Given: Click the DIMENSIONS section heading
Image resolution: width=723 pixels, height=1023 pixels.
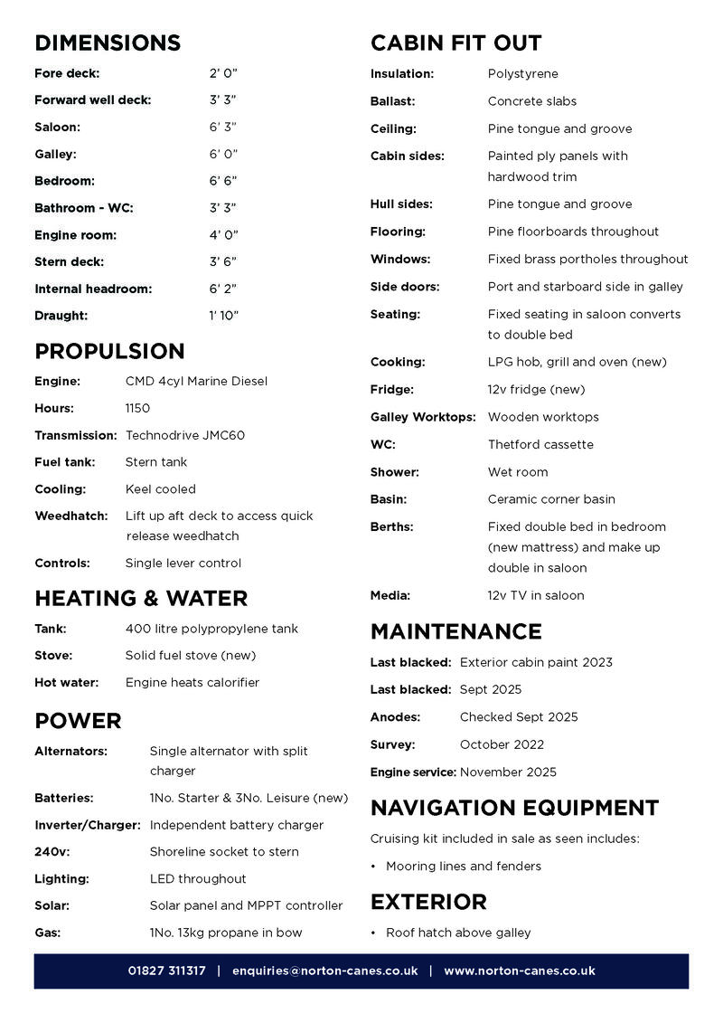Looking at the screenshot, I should (x=108, y=43).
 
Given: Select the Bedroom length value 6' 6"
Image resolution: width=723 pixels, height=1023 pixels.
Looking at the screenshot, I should (x=223, y=181).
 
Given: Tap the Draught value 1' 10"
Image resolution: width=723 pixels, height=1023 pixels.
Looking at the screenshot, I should (x=224, y=316).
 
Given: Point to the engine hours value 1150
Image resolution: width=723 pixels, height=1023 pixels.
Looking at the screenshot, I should (x=138, y=408).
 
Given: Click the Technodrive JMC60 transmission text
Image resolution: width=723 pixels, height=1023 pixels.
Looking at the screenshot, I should (x=185, y=435).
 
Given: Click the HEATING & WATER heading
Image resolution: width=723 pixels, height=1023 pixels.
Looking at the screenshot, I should (x=141, y=598).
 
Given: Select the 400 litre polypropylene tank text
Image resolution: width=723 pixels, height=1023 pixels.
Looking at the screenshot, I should (x=211, y=629).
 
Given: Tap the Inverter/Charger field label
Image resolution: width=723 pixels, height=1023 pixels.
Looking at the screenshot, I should (x=88, y=825).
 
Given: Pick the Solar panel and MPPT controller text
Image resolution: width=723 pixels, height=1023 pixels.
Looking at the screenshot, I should (x=246, y=905).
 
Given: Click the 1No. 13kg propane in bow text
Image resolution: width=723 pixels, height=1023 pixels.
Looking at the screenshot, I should (x=226, y=933).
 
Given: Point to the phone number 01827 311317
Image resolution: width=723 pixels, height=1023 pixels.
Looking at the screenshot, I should (x=166, y=971).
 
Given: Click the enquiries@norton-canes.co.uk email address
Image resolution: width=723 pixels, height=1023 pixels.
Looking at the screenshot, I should (x=324, y=971).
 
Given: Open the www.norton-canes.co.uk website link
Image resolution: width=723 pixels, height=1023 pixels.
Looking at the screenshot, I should (x=519, y=971).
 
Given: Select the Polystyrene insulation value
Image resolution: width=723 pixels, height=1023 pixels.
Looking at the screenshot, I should (x=523, y=73).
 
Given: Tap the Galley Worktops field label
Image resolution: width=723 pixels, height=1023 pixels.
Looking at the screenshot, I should (x=423, y=417).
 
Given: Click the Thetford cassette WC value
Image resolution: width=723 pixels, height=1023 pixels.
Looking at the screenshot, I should (x=540, y=444).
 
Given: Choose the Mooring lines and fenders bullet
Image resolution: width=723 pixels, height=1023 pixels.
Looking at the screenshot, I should (x=464, y=866).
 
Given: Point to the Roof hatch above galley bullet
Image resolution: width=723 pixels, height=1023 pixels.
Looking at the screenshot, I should (x=458, y=933).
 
